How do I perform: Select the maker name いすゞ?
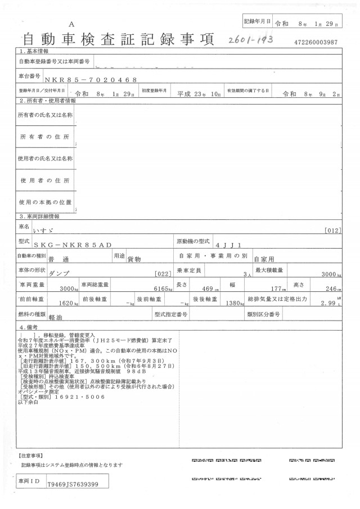click(x=58, y=229)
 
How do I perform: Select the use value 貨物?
click(x=134, y=259)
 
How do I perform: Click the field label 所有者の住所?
click(x=46, y=137)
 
